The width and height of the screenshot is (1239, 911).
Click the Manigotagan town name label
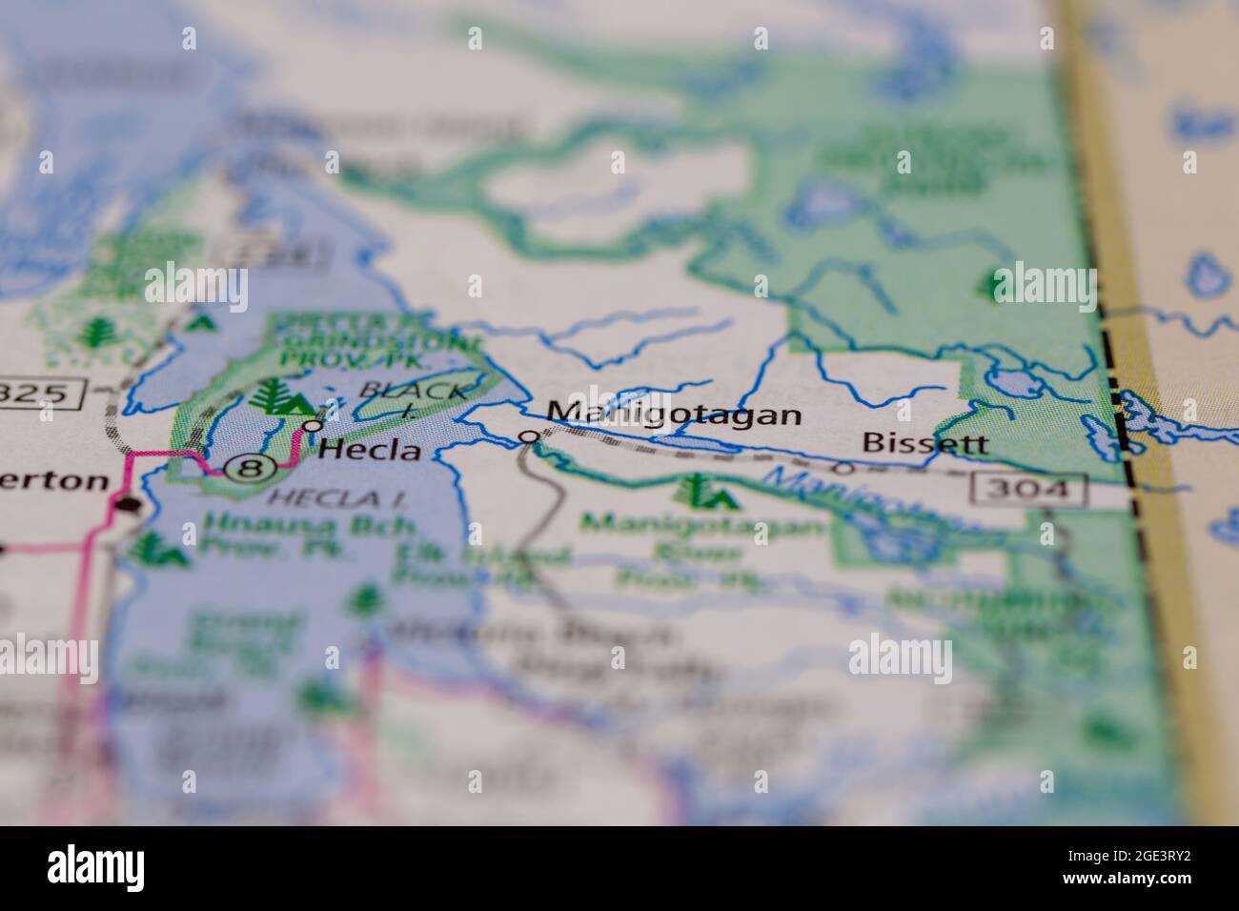click(x=674, y=414)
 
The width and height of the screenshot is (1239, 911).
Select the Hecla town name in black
click(x=370, y=450)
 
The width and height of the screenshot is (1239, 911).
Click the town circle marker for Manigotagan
click(x=529, y=437)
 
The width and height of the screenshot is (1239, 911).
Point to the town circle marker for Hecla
click(x=311, y=425)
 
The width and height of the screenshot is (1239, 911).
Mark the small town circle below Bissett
click(x=843, y=467)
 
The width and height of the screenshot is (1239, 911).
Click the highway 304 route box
click(x=1029, y=490)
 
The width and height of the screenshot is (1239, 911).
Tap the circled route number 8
click(x=250, y=468)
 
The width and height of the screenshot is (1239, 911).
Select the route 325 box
click(x=43, y=393)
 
